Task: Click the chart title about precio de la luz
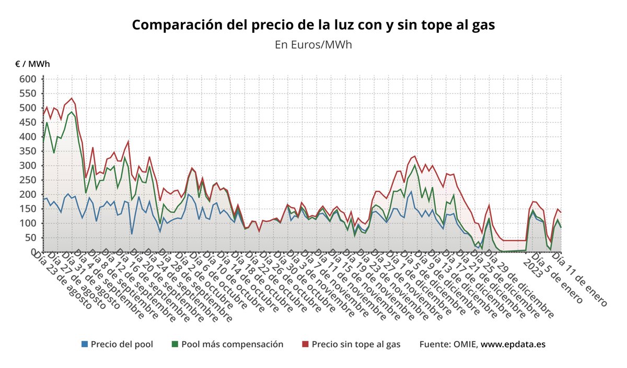[313, 25]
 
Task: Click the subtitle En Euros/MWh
[313, 44]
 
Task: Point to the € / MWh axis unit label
[33, 64]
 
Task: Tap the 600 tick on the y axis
[28, 79]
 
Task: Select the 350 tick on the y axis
[28, 151]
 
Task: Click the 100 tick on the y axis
[28, 223]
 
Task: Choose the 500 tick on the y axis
[28, 108]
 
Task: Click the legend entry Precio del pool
[122, 345]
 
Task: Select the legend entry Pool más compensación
[232, 345]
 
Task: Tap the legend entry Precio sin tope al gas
[356, 345]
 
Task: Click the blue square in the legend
[85, 345]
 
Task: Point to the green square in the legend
[175, 345]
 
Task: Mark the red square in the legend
[306, 345]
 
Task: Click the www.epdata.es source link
[513, 345]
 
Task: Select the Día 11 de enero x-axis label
[579, 279]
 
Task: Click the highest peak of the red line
[72, 98]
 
